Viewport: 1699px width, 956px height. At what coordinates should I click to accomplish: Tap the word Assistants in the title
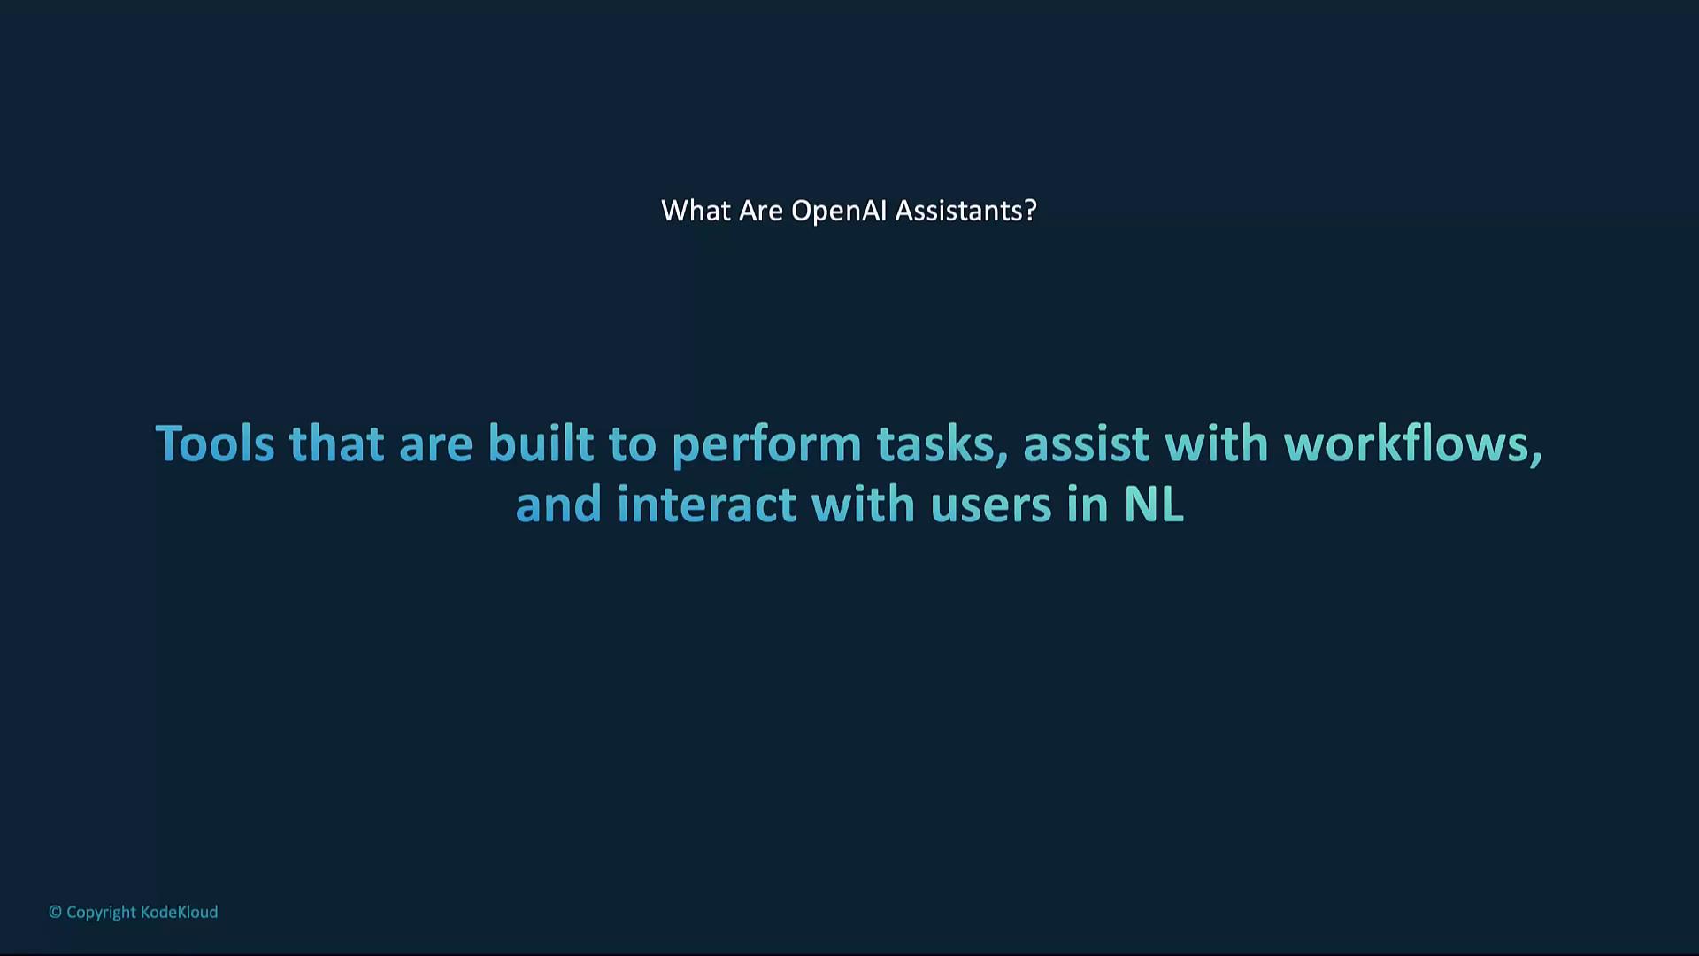(957, 211)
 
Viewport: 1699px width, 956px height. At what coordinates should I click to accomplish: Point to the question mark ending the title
(1029, 211)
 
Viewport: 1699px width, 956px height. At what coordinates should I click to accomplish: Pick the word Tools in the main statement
(215, 443)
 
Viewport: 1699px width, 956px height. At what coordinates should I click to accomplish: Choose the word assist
(1087, 443)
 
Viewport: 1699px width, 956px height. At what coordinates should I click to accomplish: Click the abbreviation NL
(1154, 505)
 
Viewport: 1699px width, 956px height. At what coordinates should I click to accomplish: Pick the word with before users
(864, 504)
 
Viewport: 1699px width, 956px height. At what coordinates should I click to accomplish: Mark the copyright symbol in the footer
(55, 912)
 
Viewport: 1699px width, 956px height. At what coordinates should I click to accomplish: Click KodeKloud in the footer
(179, 912)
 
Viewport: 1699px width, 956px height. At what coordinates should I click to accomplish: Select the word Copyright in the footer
(102, 913)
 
